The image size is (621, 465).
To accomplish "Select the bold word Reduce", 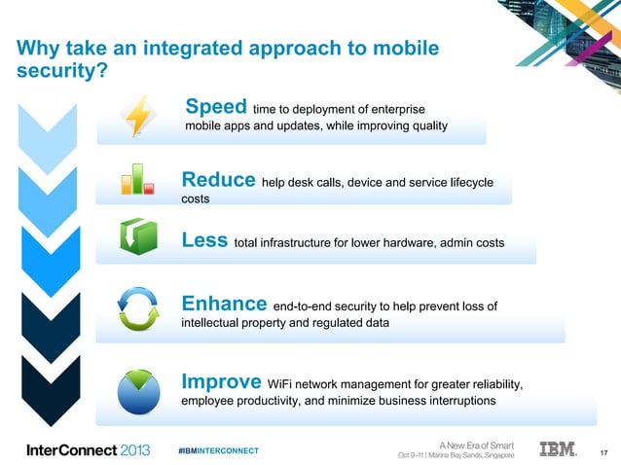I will [x=219, y=180].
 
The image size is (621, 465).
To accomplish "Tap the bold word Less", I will [x=205, y=240].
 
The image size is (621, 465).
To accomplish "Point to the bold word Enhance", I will [x=225, y=304].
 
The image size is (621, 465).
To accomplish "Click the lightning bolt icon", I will [x=137, y=116].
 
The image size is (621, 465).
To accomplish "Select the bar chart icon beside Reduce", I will [x=136, y=178].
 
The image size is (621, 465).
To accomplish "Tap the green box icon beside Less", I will [x=137, y=235].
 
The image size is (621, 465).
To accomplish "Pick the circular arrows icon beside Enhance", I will [x=137, y=309].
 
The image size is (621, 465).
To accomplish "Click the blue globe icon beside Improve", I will [x=137, y=388].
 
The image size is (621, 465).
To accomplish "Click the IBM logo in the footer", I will [x=558, y=449].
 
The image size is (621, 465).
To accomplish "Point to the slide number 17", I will [x=603, y=451].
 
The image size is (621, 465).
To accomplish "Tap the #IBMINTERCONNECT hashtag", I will [x=219, y=451].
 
